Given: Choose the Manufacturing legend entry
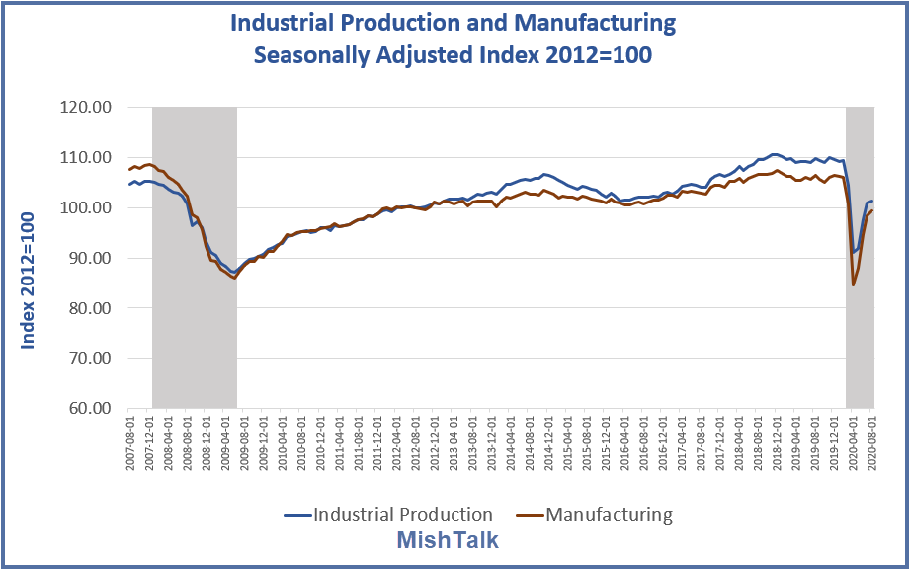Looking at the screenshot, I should (x=609, y=514).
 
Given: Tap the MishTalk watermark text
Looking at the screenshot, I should (x=448, y=540).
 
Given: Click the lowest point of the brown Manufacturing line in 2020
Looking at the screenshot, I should (x=853, y=284).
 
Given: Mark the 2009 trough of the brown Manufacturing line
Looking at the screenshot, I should (x=234, y=279).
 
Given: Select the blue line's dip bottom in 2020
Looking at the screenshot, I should (x=853, y=253).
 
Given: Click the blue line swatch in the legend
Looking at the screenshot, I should (x=296, y=514).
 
